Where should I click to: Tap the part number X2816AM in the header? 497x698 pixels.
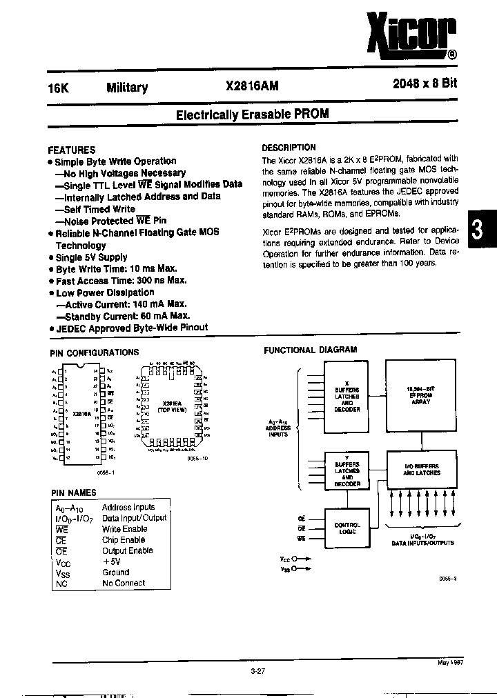tap(253, 87)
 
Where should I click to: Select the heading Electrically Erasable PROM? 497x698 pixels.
tap(252, 114)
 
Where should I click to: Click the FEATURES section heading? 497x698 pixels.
tap(72, 150)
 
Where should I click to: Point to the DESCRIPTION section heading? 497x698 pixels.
tap(289, 148)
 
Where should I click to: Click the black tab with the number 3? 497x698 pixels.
tap(476, 230)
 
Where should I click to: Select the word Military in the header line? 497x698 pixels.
tap(127, 88)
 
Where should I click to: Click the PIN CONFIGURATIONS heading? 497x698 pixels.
tap(95, 352)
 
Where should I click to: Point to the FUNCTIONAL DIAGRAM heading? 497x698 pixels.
tap(311, 350)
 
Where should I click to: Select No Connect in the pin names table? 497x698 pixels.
tap(124, 583)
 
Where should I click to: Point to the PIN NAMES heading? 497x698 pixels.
tap(74, 492)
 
